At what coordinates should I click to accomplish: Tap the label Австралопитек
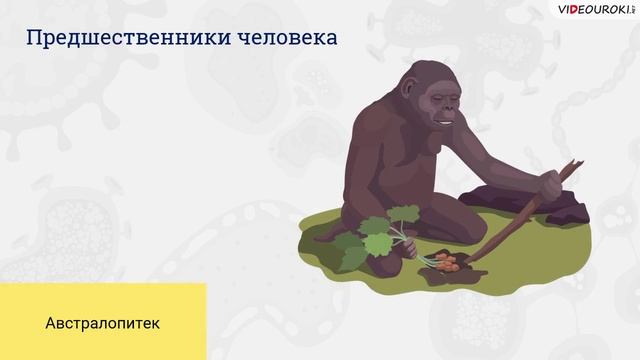pyautogui.click(x=102, y=325)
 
